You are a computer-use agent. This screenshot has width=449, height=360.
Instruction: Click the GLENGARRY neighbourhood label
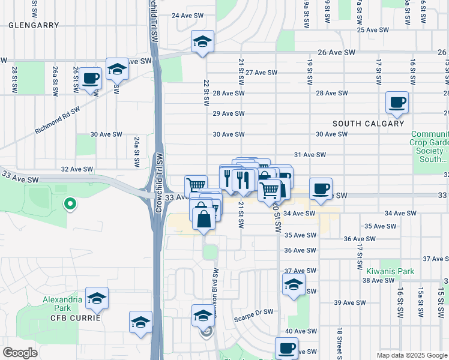(34, 25)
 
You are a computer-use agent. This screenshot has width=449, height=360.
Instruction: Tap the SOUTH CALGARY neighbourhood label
(368, 124)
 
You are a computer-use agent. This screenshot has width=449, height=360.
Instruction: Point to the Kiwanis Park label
(390, 271)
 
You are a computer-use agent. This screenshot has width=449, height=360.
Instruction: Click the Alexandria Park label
(61, 304)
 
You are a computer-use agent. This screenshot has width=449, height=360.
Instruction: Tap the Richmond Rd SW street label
(58, 120)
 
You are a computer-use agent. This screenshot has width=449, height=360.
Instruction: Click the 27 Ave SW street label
(261, 73)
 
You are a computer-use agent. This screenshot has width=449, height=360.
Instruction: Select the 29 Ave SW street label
(229, 113)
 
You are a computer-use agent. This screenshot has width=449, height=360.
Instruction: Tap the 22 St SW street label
(206, 90)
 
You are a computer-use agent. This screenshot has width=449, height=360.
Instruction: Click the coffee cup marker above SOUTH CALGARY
(397, 102)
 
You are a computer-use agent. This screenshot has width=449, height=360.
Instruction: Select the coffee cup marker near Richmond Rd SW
(91, 78)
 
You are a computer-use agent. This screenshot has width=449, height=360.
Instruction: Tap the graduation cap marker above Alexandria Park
(97, 299)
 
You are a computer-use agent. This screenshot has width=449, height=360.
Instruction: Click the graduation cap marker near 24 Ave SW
(202, 42)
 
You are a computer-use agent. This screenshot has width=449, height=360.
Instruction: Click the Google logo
(20, 353)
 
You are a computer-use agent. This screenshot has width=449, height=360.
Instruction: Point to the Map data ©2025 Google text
(411, 355)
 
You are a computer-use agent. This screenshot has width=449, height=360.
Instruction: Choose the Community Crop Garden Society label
(429, 147)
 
